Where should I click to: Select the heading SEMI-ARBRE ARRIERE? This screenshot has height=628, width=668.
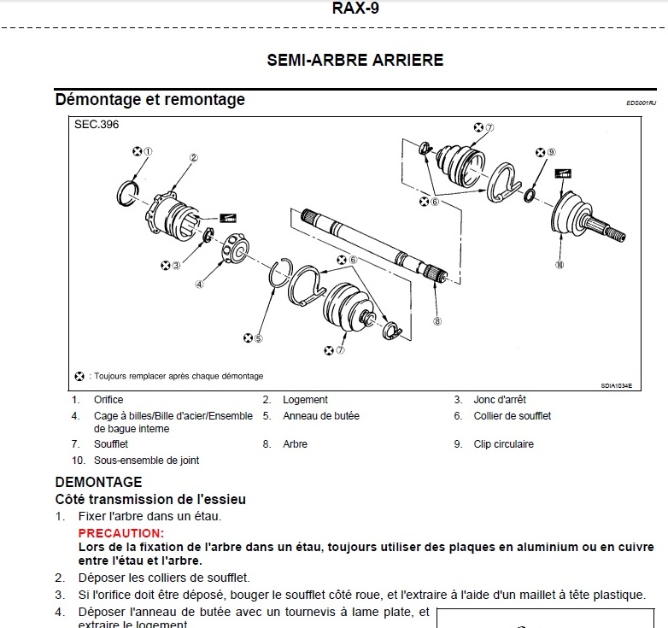pyautogui.click(x=355, y=61)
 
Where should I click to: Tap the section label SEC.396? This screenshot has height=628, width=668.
pyautogui.click(x=96, y=125)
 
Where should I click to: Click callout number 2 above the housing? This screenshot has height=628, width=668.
pyautogui.click(x=194, y=157)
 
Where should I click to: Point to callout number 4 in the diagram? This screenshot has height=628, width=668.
pyautogui.click(x=199, y=285)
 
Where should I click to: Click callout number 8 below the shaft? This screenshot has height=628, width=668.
pyautogui.click(x=437, y=321)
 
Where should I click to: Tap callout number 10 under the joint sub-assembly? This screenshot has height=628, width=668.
pyautogui.click(x=559, y=264)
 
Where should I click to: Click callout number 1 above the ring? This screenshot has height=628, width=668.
pyautogui.click(x=148, y=151)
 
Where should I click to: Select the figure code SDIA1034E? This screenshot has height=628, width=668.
pyautogui.click(x=615, y=385)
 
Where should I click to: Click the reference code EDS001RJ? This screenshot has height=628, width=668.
pyautogui.click(x=641, y=103)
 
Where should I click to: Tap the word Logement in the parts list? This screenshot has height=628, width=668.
pyautogui.click(x=305, y=400)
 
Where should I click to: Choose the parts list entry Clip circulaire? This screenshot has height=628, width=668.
pyautogui.click(x=503, y=444)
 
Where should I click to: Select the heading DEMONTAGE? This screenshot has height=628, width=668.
pyautogui.click(x=98, y=483)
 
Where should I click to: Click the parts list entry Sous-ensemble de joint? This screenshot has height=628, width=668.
pyautogui.click(x=146, y=461)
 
